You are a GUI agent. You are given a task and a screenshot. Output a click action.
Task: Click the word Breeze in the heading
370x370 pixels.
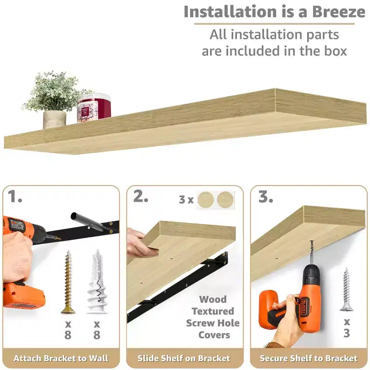(x=339, y=12)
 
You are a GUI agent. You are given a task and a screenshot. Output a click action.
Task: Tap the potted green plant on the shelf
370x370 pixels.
(x=54, y=99)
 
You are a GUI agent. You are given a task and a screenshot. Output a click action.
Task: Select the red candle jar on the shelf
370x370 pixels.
(x=94, y=108)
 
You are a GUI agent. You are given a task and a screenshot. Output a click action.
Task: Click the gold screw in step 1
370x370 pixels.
(x=68, y=282)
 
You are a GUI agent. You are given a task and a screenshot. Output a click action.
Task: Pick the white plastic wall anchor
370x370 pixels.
(x=97, y=282)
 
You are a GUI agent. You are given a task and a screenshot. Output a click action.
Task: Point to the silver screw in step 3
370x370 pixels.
(x=346, y=290)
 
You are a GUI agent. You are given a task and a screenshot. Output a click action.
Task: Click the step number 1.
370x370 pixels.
(x=15, y=197)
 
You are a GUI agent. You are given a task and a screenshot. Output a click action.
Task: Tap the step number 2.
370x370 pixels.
(x=141, y=196)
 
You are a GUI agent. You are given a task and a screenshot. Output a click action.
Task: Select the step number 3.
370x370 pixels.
(x=265, y=196)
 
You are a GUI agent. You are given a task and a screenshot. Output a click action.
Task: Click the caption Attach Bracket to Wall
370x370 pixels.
(x=61, y=358)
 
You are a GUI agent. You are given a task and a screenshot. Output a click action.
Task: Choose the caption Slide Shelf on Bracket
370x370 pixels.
(x=184, y=358)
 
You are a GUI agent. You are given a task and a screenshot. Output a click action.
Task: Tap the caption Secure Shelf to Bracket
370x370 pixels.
(x=308, y=358)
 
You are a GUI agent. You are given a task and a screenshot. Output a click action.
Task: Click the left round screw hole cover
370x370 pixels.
(x=206, y=200)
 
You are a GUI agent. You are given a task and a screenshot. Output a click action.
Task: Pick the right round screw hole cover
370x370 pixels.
(x=225, y=200)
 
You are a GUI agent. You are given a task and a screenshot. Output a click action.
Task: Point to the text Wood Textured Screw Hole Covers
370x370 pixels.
(x=213, y=317)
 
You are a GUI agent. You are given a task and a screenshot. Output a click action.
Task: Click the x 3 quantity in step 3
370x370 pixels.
(x=346, y=327)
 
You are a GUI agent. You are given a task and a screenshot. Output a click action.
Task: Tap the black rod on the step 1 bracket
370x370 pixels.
(x=88, y=221)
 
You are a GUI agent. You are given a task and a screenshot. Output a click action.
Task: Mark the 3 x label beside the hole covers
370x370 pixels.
(x=186, y=200)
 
